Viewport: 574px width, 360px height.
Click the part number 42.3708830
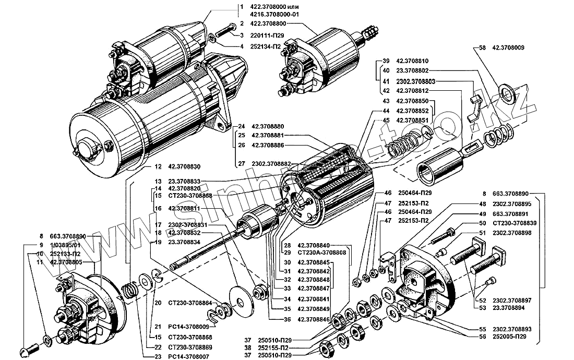pyautogui.click(x=184, y=167)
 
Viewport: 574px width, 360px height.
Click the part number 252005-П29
pyautogui.click(x=508, y=337)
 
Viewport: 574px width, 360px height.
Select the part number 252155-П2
pyautogui.click(x=274, y=347)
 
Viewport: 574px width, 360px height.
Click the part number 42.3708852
pyautogui.click(x=412, y=111)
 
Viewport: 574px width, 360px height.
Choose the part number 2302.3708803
pyautogui.click(x=415, y=81)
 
